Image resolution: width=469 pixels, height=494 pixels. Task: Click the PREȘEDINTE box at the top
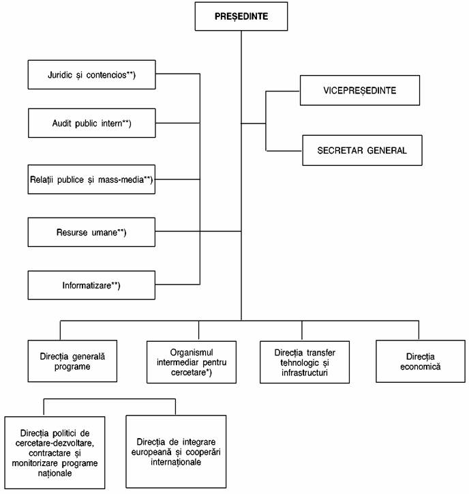point(241,16)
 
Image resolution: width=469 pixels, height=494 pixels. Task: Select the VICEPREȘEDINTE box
point(360,91)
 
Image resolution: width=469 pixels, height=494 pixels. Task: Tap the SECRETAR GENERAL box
point(362,150)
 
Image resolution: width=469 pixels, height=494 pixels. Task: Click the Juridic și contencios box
point(91,74)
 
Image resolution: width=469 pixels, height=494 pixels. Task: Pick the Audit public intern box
point(91,123)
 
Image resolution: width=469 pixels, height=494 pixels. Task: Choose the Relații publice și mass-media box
point(91,179)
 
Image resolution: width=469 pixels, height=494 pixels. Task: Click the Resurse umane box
point(91,232)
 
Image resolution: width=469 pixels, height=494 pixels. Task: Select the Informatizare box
point(91,285)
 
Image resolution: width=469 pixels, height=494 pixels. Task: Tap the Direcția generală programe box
point(72,361)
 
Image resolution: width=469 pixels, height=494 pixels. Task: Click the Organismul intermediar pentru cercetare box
point(192,362)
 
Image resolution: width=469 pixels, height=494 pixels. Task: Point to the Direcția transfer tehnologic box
point(305,362)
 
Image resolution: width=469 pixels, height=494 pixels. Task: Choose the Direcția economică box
point(421,362)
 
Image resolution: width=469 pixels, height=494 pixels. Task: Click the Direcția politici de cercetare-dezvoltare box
point(55,453)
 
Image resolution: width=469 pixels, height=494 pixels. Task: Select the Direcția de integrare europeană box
point(176,452)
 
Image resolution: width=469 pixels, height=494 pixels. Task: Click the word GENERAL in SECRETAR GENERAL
point(387,151)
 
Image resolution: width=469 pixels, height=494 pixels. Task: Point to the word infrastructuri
point(305,373)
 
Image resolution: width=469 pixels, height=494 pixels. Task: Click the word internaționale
point(176,462)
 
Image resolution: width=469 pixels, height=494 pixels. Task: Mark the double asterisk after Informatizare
point(115,284)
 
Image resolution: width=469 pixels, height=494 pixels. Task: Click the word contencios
point(106,74)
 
